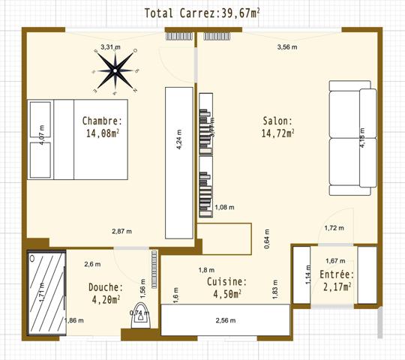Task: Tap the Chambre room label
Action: pyautogui.click(x=103, y=127)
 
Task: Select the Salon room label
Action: pyautogui.click(x=277, y=127)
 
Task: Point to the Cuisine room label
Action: pyautogui.click(x=224, y=288)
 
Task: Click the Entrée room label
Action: pyautogui.click(x=337, y=280)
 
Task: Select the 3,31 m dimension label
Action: pyautogui.click(x=110, y=47)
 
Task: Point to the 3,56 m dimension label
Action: pyautogui.click(x=287, y=47)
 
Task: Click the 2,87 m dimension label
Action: pyautogui.click(x=121, y=231)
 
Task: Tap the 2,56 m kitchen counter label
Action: pyautogui.click(x=225, y=321)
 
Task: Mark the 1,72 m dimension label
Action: pyautogui.click(x=334, y=228)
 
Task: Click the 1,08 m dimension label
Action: pyautogui.click(x=224, y=208)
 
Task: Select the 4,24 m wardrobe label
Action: pyautogui.click(x=179, y=140)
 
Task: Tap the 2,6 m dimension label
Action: pyautogui.click(x=92, y=264)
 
